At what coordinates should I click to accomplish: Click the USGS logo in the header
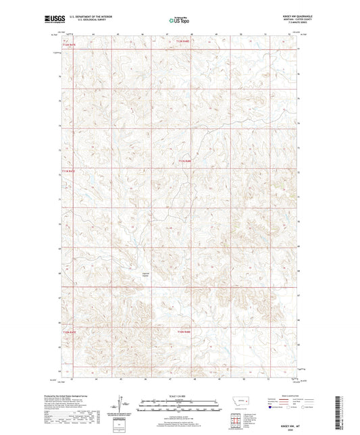click(52, 18)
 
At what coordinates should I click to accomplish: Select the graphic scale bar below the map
click(180, 407)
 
